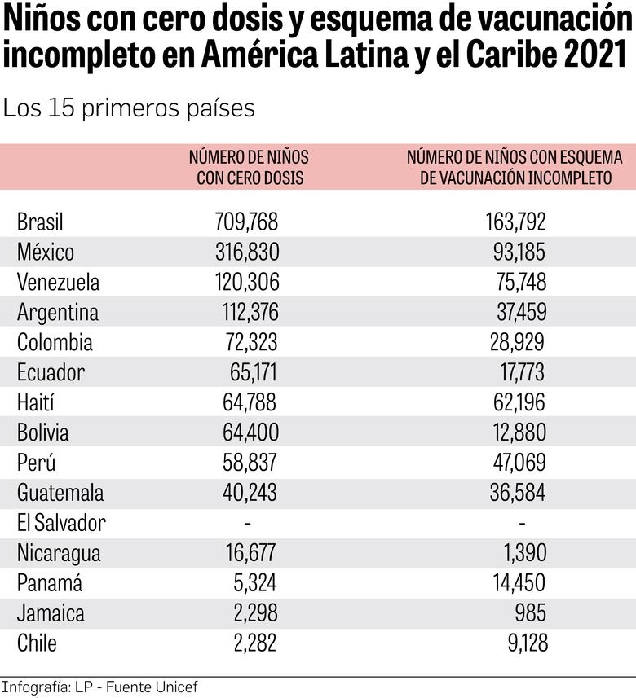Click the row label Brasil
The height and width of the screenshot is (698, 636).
(x=40, y=222)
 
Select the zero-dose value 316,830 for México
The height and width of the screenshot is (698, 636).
(x=247, y=252)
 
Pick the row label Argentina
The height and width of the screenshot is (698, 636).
(x=57, y=312)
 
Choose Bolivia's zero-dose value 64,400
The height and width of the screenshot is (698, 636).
(x=250, y=432)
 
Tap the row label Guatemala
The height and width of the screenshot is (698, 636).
(x=60, y=493)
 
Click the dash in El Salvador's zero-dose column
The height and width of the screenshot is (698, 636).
(x=248, y=522)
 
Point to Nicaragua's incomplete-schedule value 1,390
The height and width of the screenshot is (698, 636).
(x=524, y=553)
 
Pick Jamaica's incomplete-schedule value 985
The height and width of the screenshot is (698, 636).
(x=530, y=613)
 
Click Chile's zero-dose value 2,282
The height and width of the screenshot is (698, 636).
(x=254, y=643)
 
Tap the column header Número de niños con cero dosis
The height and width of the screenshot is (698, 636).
(x=249, y=167)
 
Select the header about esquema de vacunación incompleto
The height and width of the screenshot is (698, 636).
(x=515, y=167)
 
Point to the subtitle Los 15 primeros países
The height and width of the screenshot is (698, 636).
(x=129, y=108)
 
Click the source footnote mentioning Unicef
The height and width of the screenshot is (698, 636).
(x=99, y=687)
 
